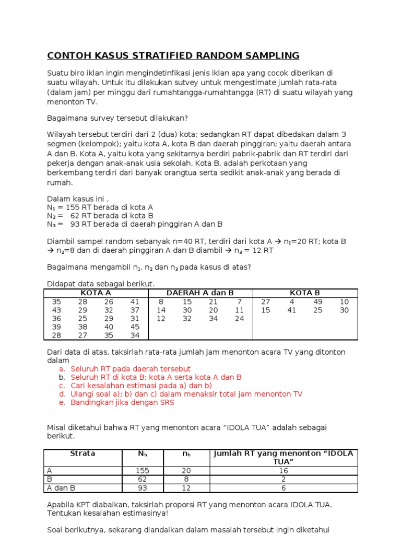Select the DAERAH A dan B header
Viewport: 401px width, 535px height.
click(x=200, y=293)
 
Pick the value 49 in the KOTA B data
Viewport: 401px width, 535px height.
click(x=318, y=301)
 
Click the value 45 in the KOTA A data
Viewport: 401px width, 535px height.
click(x=135, y=327)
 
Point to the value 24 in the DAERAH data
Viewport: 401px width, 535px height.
click(x=240, y=318)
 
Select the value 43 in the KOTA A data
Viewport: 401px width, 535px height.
click(x=57, y=310)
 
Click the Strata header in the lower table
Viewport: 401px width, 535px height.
click(x=82, y=453)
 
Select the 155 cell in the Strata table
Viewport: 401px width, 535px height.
click(x=143, y=471)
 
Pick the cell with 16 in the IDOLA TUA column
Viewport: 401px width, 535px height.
click(x=284, y=471)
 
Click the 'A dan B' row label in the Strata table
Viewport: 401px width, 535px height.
click(x=61, y=488)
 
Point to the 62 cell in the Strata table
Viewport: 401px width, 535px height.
click(x=143, y=479)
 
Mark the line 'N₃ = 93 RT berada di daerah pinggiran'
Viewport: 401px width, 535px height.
click(x=135, y=224)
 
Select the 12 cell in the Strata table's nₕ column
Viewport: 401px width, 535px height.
click(x=186, y=488)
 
